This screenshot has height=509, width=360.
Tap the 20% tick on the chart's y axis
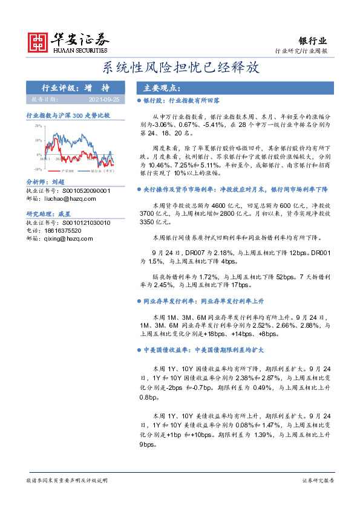(x=38, y=126)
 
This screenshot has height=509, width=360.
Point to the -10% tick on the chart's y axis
(x=37, y=170)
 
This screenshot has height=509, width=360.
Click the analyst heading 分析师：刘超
(x=45, y=181)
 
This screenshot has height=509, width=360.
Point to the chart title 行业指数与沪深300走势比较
(x=68, y=115)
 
